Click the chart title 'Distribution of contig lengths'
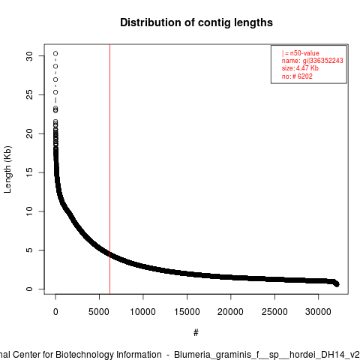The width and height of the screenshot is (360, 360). (196, 22)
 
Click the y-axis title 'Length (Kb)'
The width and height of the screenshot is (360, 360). (7, 169)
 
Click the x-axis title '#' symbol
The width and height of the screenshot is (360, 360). (196, 333)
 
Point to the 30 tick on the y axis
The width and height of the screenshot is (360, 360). (29, 56)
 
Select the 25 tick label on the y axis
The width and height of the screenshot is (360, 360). (29, 94)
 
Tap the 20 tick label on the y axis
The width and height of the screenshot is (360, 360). (29, 133)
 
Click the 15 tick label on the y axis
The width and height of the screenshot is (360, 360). (29, 172)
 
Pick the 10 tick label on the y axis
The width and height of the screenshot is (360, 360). (29, 211)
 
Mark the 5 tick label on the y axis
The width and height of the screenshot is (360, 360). (29, 250)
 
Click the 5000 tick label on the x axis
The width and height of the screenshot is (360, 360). (99, 312)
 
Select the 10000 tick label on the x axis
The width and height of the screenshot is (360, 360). (142, 312)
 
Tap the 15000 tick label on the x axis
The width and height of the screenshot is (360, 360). (187, 312)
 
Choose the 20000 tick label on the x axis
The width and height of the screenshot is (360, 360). (230, 312)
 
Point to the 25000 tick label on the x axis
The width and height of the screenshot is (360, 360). (274, 312)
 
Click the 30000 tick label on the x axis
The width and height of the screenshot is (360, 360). (318, 312)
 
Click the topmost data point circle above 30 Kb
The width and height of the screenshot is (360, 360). (55, 53)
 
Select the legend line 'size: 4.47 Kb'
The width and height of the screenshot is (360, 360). (300, 68)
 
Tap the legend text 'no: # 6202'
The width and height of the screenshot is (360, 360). (297, 76)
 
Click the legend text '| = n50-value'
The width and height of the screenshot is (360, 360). (300, 53)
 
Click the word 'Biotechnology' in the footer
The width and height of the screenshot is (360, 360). (108, 355)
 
